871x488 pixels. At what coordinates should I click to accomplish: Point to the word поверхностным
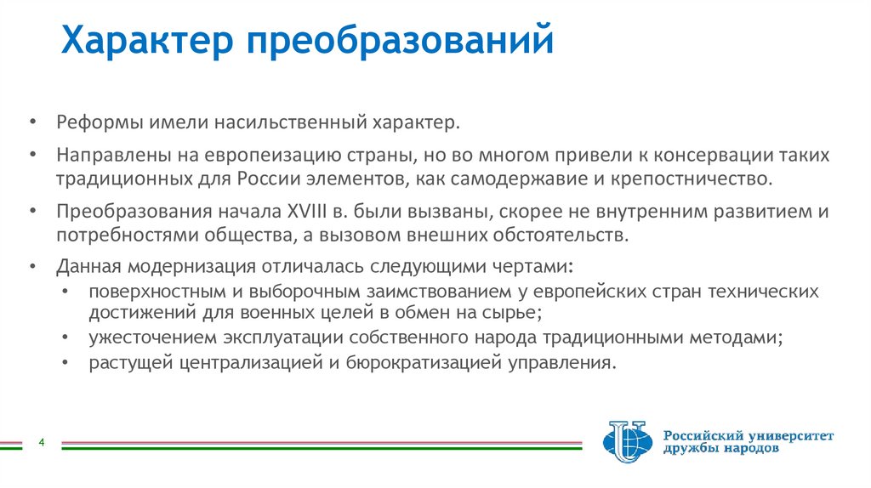click(140, 292)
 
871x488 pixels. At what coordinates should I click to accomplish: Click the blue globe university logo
click(625, 444)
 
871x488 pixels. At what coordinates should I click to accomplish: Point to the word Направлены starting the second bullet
click(103, 156)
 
